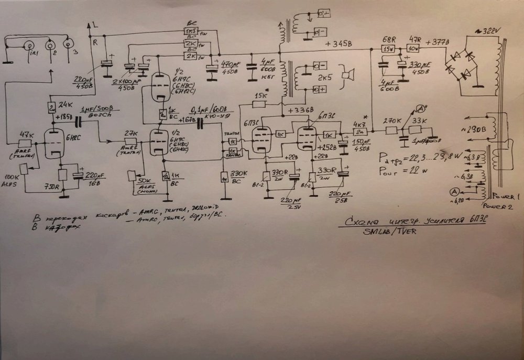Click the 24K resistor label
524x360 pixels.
[65, 104]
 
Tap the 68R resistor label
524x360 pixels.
[388, 40]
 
